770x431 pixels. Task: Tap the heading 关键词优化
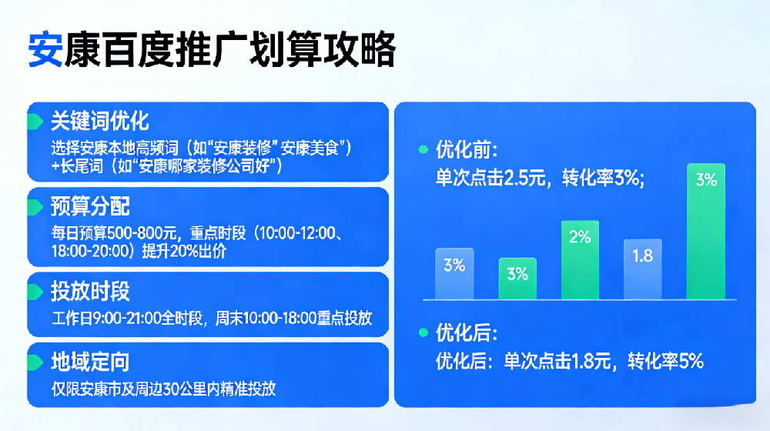point(99,121)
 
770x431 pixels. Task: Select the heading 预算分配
point(90,206)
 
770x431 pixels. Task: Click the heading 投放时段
point(90,291)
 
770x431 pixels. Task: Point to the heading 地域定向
point(90,362)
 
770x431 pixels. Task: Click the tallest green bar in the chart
point(705,231)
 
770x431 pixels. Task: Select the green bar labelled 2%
point(580,260)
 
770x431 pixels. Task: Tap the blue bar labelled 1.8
point(642,269)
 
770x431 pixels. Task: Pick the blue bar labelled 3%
point(454,273)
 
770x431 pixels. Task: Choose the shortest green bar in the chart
point(517,279)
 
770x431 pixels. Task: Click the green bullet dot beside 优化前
point(422,149)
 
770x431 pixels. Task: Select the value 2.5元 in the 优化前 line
point(525,179)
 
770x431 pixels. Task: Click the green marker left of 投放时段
point(35,292)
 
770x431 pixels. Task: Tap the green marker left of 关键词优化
point(35,122)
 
